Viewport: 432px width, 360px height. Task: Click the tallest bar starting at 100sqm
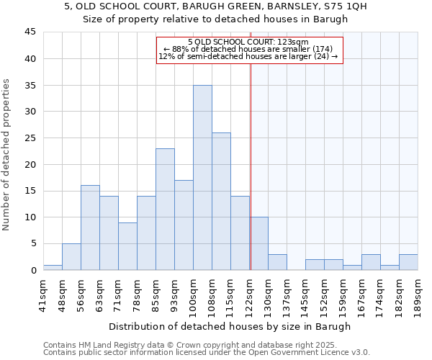pyautogui.click(x=202, y=177)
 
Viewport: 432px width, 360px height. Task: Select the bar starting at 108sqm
pyautogui.click(x=221, y=201)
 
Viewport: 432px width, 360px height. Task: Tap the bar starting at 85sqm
pyautogui.click(x=165, y=209)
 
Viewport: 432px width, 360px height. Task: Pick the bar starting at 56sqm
pyautogui.click(x=90, y=228)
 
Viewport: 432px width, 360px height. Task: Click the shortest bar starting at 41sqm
pyautogui.click(x=53, y=267)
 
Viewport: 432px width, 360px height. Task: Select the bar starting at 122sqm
pyautogui.click(x=258, y=243)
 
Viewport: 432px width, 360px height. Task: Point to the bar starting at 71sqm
pyautogui.click(x=127, y=246)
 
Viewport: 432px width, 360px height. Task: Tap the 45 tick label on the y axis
pyautogui.click(x=30, y=32)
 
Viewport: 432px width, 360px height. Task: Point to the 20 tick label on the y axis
pyautogui.click(x=30, y=164)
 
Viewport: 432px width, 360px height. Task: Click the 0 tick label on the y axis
pyautogui.click(x=32, y=270)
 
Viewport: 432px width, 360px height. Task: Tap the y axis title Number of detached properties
pyautogui.click(x=7, y=155)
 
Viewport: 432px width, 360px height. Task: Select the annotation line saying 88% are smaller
pyautogui.click(x=248, y=49)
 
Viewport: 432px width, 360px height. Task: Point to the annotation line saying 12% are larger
pyautogui.click(x=248, y=56)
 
